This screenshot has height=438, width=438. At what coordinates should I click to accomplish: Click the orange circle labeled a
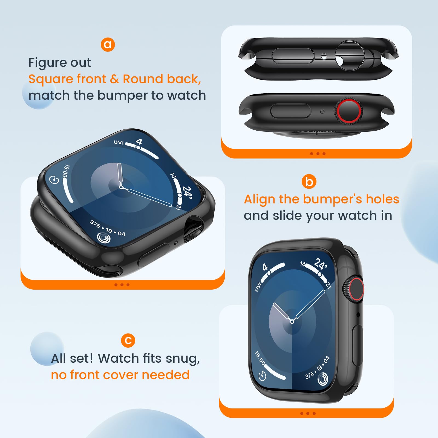pyautogui.click(x=108, y=44)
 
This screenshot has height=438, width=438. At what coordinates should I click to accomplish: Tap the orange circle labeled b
pyautogui.click(x=309, y=181)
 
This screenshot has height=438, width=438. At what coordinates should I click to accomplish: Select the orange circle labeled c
pyautogui.click(x=128, y=341)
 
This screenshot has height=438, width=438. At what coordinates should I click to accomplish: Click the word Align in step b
pyautogui.click(x=260, y=199)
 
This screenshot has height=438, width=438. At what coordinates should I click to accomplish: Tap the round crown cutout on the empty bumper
pyautogui.click(x=350, y=56)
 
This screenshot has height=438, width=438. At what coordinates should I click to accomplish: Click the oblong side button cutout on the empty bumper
pyautogui.click(x=293, y=56)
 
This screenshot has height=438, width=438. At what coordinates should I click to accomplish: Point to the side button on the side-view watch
pyautogui.click(x=290, y=111)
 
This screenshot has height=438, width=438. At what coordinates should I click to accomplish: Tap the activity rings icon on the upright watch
pyautogui.click(x=323, y=379)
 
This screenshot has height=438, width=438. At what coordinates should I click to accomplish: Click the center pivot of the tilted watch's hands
pyautogui.click(x=121, y=187)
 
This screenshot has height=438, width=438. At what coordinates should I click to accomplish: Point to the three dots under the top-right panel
pyautogui.click(x=318, y=154)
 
